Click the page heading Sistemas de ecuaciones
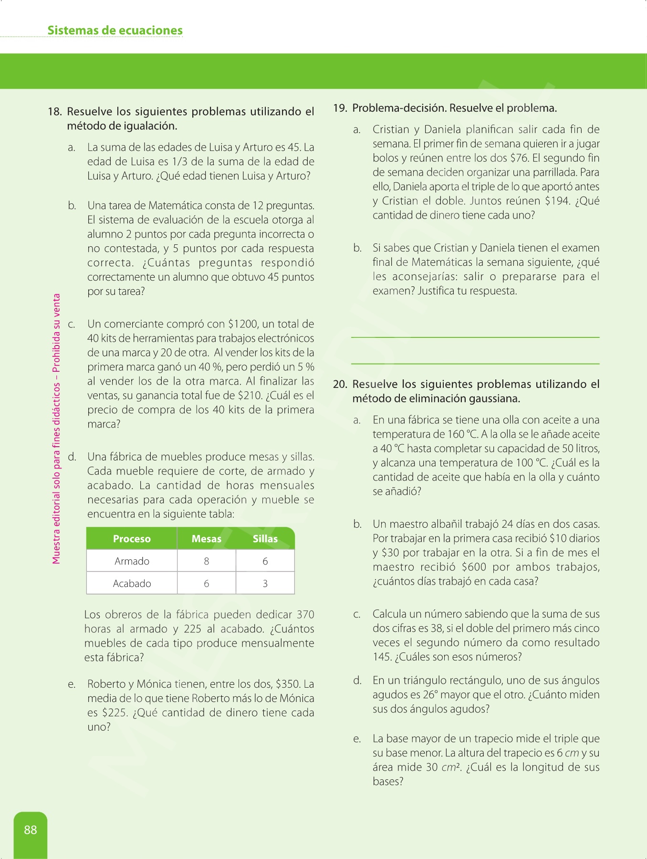(x=115, y=31)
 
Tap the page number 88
(x=31, y=830)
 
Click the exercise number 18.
(x=54, y=112)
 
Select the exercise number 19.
(x=340, y=108)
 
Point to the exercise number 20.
(x=340, y=384)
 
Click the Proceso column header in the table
(x=132, y=539)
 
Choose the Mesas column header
(x=206, y=539)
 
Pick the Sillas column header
(x=265, y=539)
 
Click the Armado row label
(x=132, y=561)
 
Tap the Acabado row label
(x=132, y=584)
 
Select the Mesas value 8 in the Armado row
(x=206, y=561)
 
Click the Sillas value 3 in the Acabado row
(x=265, y=584)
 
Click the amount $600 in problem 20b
(x=474, y=567)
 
